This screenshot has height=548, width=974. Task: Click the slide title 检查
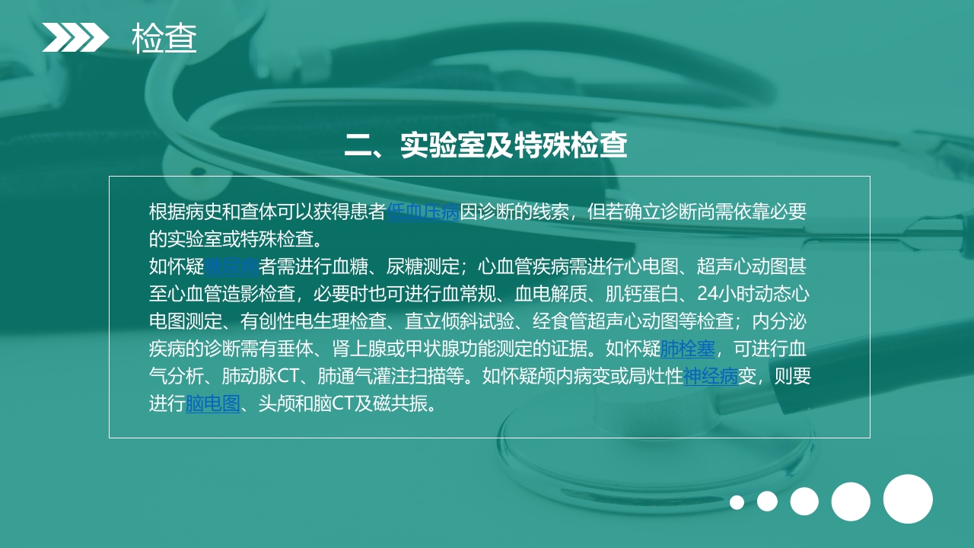click(x=164, y=38)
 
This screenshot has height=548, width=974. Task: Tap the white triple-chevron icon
click(x=75, y=37)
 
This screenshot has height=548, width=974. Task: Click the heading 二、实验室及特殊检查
click(x=485, y=145)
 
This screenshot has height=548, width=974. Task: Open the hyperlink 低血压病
click(x=423, y=212)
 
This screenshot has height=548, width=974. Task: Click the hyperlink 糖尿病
click(x=232, y=266)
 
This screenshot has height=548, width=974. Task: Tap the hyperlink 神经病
click(x=711, y=376)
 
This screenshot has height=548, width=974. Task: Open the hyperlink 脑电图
click(x=213, y=403)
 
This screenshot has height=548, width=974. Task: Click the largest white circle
click(x=908, y=499)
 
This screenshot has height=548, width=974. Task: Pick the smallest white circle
click(x=737, y=502)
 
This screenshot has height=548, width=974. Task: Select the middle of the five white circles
click(x=804, y=502)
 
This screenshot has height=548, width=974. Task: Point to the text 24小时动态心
click(x=753, y=294)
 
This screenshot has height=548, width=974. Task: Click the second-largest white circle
click(x=851, y=502)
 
